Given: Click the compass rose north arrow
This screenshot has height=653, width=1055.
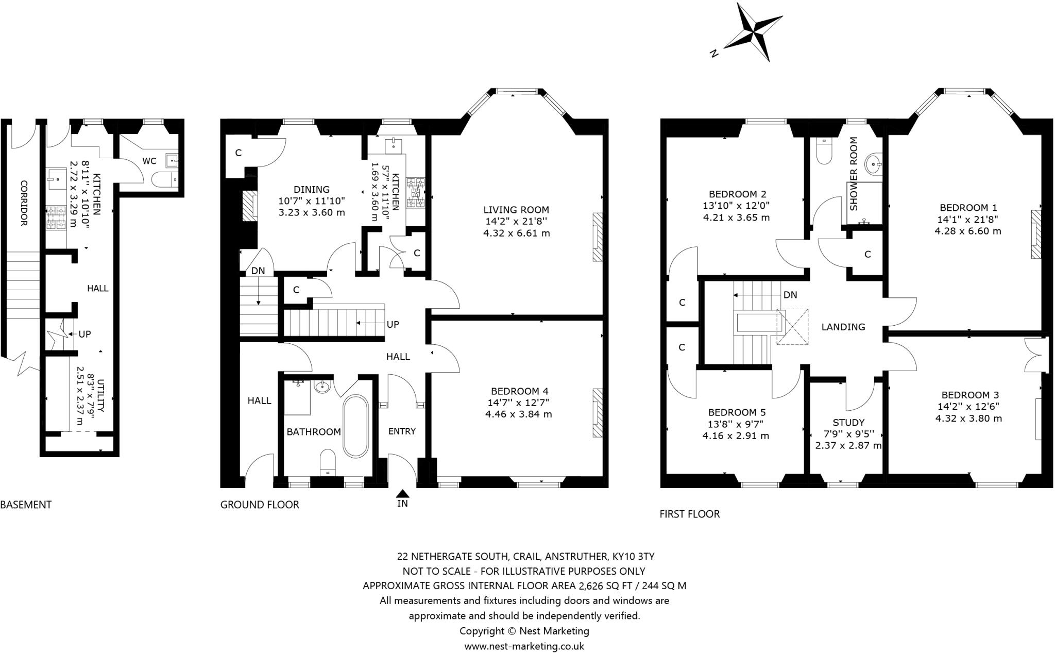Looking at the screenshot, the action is click(x=753, y=32).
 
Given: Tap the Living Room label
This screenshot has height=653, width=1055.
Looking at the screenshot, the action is click(x=516, y=210).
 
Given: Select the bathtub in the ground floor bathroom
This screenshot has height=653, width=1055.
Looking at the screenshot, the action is click(x=355, y=426).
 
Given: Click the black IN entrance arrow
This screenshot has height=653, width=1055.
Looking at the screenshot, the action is click(x=403, y=494).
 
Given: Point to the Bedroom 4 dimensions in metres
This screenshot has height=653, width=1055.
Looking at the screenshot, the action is click(x=518, y=414).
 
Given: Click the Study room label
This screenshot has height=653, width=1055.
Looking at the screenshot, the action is click(x=848, y=423).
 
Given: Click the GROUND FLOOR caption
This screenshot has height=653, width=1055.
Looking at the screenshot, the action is click(x=260, y=505).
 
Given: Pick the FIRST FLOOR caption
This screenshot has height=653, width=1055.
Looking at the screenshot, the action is click(x=690, y=514).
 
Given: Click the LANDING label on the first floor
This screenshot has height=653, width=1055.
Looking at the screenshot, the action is click(x=843, y=327).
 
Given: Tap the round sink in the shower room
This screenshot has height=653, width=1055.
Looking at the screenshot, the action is click(x=874, y=165).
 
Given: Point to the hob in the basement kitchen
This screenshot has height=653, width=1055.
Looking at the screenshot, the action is click(x=56, y=217).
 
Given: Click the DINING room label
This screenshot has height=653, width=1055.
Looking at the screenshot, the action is click(x=312, y=189).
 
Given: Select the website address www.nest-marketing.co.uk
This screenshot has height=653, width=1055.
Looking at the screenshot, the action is click(x=524, y=646).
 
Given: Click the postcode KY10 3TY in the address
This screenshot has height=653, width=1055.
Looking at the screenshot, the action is click(x=633, y=556).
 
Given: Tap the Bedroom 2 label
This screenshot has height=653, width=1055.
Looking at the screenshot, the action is click(x=737, y=194).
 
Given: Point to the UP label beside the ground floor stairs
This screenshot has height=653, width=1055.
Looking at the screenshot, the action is click(x=393, y=324).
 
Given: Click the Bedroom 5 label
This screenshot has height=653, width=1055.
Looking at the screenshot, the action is click(x=737, y=412).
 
